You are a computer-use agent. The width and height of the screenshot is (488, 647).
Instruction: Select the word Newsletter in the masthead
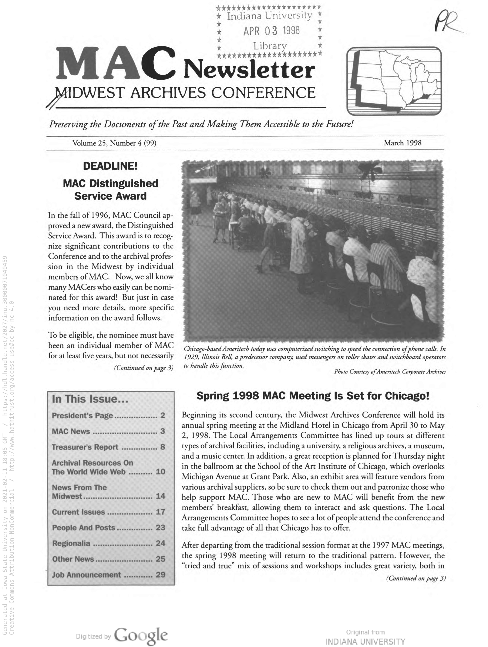(x=249, y=70)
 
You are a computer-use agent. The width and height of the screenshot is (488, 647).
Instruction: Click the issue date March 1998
(x=402, y=143)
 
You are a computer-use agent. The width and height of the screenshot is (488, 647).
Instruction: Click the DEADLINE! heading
(x=110, y=166)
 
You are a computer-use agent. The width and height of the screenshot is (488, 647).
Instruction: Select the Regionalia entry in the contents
(x=71, y=543)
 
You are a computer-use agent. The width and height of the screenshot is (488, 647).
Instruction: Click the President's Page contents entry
(x=82, y=415)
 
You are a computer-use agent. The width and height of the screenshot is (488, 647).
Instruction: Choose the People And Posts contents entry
(x=83, y=527)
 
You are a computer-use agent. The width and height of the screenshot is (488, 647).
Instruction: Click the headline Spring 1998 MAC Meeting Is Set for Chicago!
(x=313, y=396)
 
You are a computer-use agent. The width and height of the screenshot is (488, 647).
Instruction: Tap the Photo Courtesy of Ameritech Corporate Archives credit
(x=390, y=372)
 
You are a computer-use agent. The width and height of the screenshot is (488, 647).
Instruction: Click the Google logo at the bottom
(x=141, y=635)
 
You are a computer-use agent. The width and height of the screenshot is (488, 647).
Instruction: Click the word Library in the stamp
(x=270, y=46)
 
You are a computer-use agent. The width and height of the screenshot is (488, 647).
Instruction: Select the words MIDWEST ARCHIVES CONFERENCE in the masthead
(x=186, y=93)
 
